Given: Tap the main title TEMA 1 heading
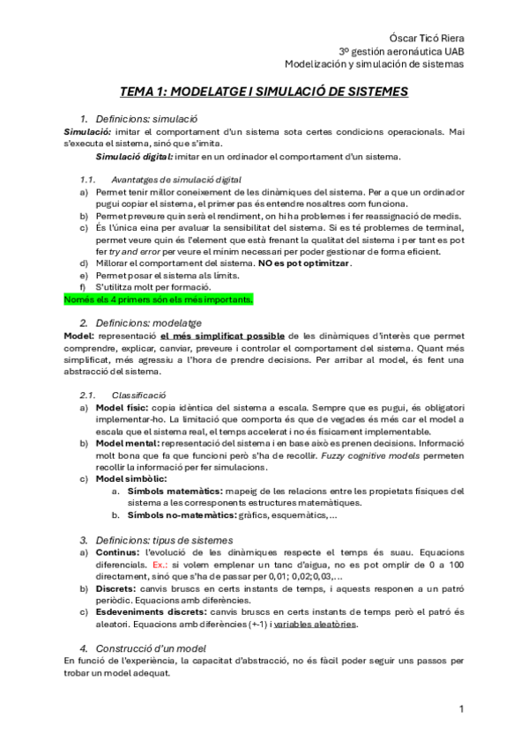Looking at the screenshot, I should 264,91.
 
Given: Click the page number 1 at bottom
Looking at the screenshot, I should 461,708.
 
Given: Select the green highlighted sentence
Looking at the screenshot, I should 159,300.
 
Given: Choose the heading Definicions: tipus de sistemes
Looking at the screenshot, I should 164,539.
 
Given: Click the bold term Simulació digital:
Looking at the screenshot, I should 134,157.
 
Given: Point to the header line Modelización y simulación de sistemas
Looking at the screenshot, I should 374,63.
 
